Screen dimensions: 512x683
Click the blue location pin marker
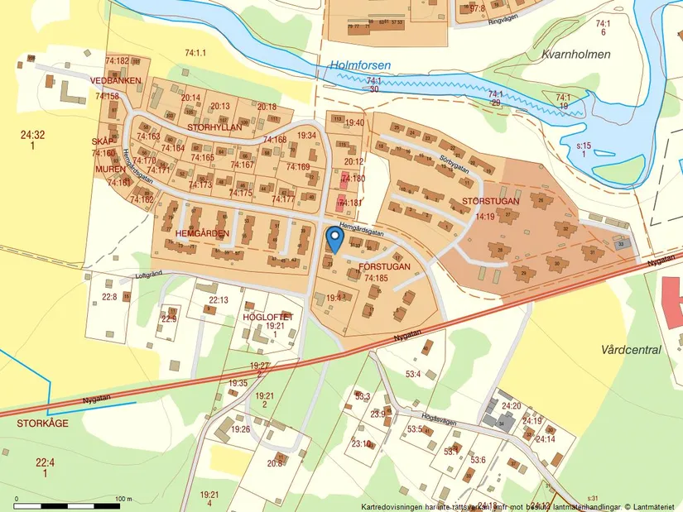(x=334, y=238)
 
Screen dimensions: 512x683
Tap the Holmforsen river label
(x=360, y=65)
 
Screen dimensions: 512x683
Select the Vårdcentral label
(x=631, y=350)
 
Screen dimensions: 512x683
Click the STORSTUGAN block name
(x=490, y=201)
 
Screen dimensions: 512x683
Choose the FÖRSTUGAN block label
(x=385, y=266)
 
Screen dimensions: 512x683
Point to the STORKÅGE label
(x=41, y=423)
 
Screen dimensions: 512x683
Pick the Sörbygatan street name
(x=455, y=161)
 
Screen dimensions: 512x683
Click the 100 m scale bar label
(x=123, y=499)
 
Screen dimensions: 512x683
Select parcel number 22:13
(x=219, y=299)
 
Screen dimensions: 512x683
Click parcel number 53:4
(x=411, y=375)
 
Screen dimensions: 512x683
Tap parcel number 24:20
(x=511, y=406)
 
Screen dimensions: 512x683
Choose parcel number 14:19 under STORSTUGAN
(x=484, y=217)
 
